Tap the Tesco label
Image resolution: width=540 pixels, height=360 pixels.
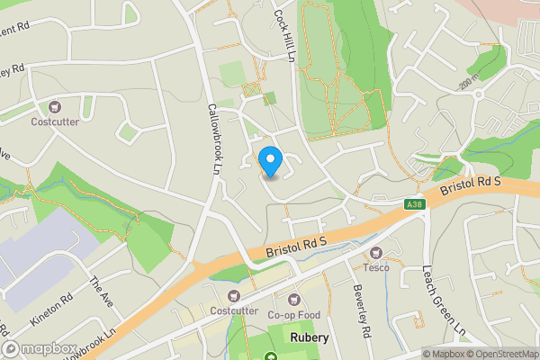376,267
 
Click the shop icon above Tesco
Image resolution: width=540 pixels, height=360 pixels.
376,253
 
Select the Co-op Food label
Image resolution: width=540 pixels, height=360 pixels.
293,315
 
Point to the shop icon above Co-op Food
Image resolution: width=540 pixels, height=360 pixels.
293,300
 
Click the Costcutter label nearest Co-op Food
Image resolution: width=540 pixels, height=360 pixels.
234,310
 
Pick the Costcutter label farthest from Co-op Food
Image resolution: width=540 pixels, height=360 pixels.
56,121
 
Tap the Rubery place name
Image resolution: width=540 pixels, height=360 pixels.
310,337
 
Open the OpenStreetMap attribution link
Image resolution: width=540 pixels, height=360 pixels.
500,354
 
